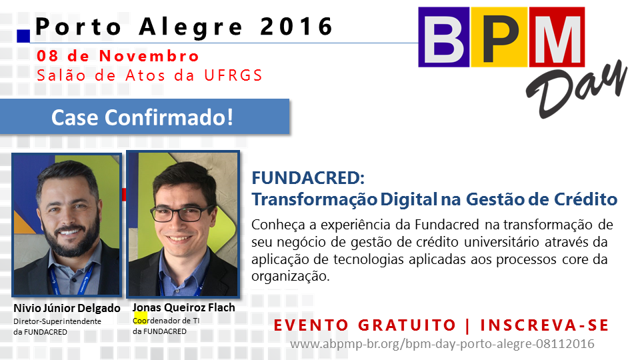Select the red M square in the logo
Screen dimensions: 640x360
(557, 37)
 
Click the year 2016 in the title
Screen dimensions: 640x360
(297, 27)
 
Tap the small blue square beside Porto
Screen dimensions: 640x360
(23, 36)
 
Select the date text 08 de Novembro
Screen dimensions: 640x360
(117, 56)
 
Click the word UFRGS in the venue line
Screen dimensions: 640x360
(233, 75)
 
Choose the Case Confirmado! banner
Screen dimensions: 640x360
(145, 117)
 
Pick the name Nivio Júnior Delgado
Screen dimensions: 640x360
(67, 308)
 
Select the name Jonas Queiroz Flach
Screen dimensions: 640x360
(184, 307)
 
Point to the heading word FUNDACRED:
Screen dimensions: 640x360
(308, 178)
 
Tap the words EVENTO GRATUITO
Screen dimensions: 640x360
(365, 325)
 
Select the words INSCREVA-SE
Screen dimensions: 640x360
(545, 325)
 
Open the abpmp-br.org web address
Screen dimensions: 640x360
(442, 344)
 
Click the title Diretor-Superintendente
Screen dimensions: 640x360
(57, 321)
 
